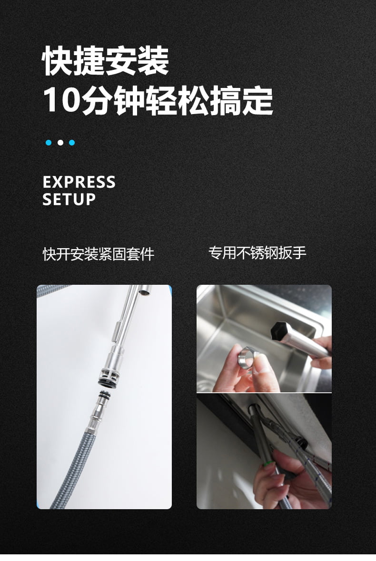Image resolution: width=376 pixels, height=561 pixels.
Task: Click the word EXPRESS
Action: pyautogui.click(x=79, y=182)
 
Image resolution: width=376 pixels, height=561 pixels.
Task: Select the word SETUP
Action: pyautogui.click(x=69, y=199)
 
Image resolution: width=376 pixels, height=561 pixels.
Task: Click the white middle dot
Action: pyautogui.click(x=60, y=143)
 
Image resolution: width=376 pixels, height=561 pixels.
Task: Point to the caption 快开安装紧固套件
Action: pyautogui.click(x=99, y=254)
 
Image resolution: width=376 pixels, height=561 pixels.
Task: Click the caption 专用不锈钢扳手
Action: pyautogui.click(x=257, y=252)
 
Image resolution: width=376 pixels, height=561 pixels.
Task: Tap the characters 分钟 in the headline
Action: pyautogui.click(x=113, y=100)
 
